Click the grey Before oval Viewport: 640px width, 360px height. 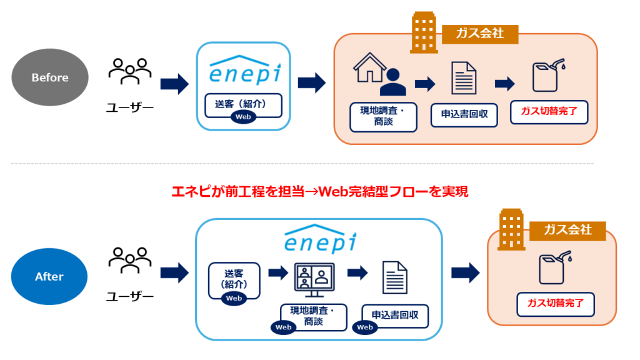tap(50, 77)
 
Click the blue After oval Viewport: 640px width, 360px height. tap(50, 276)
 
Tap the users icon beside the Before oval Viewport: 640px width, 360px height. tap(129, 71)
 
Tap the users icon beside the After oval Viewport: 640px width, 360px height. tap(129, 261)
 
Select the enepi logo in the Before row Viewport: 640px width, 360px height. tap(244, 69)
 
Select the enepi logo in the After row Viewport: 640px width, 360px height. tap(319, 239)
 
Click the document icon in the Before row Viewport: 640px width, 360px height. tap(464, 78)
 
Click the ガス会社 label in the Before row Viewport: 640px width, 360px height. tap(481, 33)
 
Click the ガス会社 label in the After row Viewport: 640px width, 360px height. tap(567, 230)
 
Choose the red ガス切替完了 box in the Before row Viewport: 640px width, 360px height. tap(549, 113)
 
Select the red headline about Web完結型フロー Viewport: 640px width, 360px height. tap(319, 191)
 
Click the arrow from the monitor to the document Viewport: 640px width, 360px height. tap(357, 272)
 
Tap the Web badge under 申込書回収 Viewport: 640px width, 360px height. tap(365, 327)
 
